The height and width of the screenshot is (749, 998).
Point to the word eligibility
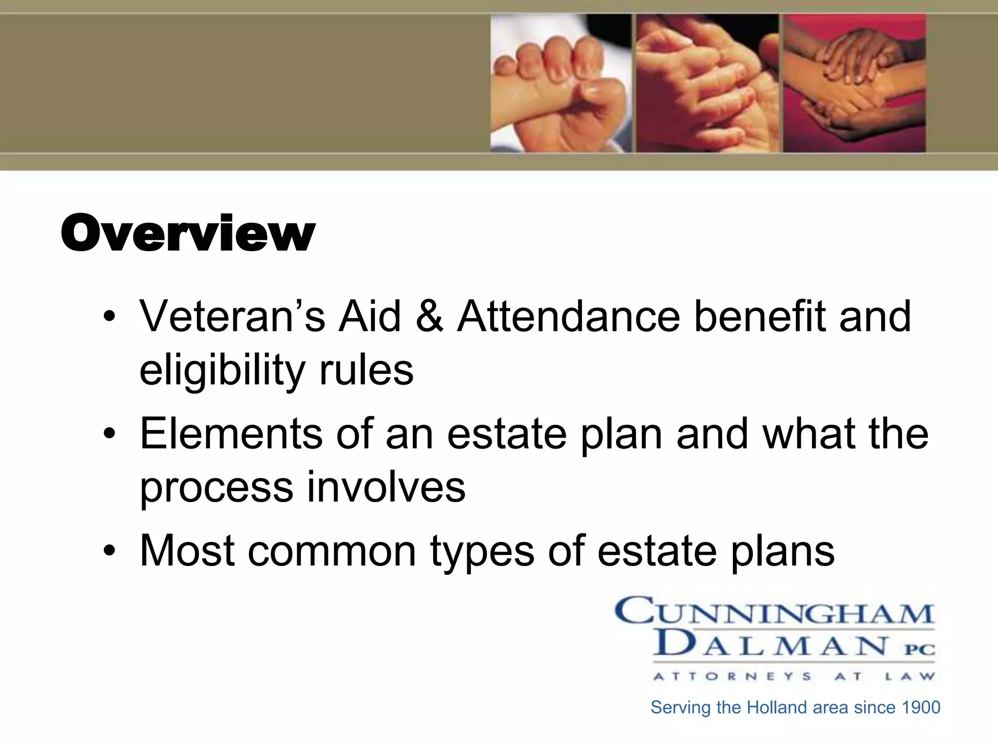pos(222,371)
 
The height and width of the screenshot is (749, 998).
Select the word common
pos(332,551)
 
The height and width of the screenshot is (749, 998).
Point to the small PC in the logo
pos(920,650)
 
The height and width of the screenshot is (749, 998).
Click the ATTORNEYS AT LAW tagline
pos(794,676)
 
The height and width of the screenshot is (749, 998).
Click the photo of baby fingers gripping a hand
pos(560,83)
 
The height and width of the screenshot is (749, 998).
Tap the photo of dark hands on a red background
pos(854,83)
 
